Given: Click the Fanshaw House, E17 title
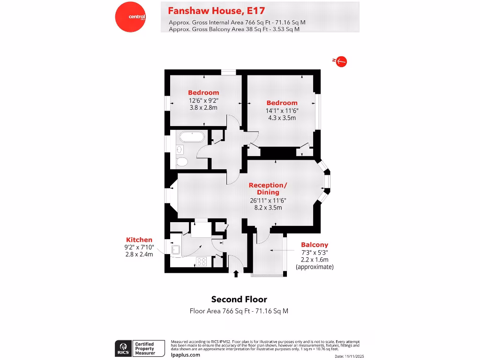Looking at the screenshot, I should coord(213,10).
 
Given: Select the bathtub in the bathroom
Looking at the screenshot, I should coord(191,137).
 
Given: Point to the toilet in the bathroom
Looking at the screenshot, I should coord(182,162).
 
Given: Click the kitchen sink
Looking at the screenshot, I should coord(176,249).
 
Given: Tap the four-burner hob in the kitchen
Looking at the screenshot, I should coord(202,262).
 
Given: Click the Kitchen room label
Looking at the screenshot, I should coord(139,240).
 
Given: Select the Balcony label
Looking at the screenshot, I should coord(314,245).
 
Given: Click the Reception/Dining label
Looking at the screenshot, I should coord(268,188).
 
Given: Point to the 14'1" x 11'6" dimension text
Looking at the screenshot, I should coord(282,111).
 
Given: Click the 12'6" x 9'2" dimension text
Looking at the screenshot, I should coord(203,100).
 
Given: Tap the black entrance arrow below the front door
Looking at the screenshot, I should coord(236,273).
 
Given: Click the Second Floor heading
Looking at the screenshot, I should coord(239,299).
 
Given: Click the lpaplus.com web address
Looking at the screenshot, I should coord(186,355).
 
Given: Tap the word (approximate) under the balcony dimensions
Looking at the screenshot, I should coord(314,266).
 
